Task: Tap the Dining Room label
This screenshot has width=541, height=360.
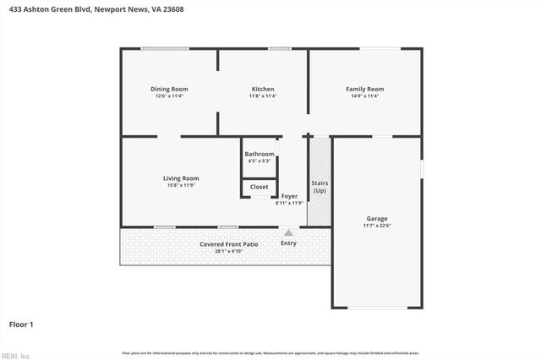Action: pyautogui.click(x=169, y=89)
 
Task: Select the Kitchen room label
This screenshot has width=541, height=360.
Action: pyautogui.click(x=263, y=89)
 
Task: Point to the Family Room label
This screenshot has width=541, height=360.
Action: pyautogui.click(x=364, y=89)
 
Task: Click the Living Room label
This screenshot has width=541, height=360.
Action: pyautogui.click(x=181, y=177)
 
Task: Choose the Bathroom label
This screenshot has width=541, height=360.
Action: pyautogui.click(x=260, y=154)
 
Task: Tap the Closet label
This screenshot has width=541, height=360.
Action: pyautogui.click(x=260, y=187)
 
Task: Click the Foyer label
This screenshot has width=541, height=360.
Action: pyautogui.click(x=289, y=196)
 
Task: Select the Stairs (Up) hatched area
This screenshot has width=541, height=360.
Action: pyautogui.click(x=320, y=182)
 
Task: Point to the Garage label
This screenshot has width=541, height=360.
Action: pyautogui.click(x=377, y=218)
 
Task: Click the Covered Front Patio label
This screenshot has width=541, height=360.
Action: pyautogui.click(x=229, y=244)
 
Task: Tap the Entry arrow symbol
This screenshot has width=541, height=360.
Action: pyautogui.click(x=288, y=232)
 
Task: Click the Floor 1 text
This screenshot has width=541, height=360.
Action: pyautogui.click(x=21, y=324)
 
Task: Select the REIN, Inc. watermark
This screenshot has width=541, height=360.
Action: pyautogui.click(x=15, y=355)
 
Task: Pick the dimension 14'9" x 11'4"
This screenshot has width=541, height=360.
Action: pyautogui.click(x=364, y=96)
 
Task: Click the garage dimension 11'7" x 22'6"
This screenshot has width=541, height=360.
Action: pyautogui.click(x=377, y=226)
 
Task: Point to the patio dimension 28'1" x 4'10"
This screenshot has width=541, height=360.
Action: pyautogui.click(x=229, y=252)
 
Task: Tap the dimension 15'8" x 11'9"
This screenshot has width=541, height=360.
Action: pyautogui.click(x=181, y=185)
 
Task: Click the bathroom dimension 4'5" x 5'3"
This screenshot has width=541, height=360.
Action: pyautogui.click(x=260, y=161)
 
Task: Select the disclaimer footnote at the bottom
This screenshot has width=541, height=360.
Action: pyautogui.click(x=270, y=352)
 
